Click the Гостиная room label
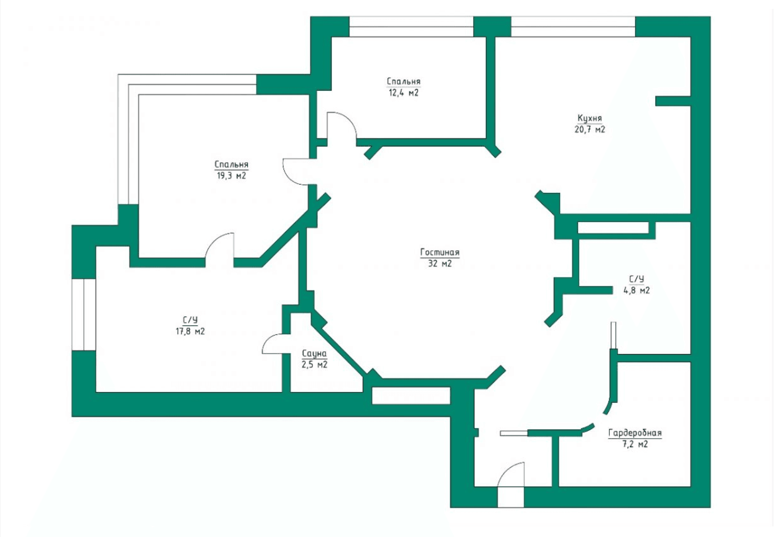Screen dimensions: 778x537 coord(439,253)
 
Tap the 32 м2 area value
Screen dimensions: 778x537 coord(439,264)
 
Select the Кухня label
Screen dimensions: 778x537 coord(589,119)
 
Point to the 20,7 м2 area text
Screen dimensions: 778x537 coord(589,130)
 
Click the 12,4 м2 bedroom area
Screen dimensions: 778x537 coord(404,93)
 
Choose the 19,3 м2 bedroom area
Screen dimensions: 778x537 coord(231,176)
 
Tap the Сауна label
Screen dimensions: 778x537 coord(314,354)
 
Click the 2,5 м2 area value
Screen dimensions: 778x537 coord(314,365)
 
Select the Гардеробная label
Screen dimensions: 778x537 coord(635,433)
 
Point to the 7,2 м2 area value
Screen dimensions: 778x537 coord(635,444)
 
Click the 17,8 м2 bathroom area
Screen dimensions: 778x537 coord(190,331)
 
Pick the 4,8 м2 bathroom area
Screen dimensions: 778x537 coord(636,291)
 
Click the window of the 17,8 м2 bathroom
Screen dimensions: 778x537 coord(84,315)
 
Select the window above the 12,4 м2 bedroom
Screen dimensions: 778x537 coord(411,27)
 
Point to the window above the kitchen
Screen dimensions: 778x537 coord(573,27)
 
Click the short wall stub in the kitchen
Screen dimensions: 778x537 coord(673,101)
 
